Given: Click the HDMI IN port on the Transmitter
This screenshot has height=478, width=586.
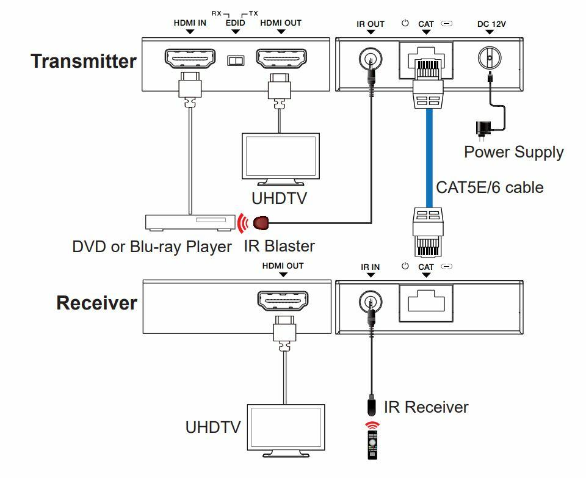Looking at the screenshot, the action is tap(190, 59).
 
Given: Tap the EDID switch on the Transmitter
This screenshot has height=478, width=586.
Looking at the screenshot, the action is tap(236, 60).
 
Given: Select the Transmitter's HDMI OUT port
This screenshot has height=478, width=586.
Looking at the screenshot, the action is tap(281, 59).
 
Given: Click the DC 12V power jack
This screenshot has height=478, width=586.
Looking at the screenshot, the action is tap(490, 58).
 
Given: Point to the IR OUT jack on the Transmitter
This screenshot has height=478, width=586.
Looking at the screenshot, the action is tap(371, 59).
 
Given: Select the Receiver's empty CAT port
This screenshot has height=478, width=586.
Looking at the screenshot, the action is tap(426, 302).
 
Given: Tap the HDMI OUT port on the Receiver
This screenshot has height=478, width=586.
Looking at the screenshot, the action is tap(283, 301).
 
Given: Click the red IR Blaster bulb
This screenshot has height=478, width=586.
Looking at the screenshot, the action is tap(261, 223).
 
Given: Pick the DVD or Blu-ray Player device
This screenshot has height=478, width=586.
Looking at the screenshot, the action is tap(190, 222).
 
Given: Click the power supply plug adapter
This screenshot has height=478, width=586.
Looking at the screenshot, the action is tap(482, 130).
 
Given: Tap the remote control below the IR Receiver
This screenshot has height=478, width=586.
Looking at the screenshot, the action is tap(372, 445).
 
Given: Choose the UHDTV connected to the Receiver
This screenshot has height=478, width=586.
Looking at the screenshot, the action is tap(286, 430).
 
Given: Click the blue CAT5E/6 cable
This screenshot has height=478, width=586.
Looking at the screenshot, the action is tap(429, 158).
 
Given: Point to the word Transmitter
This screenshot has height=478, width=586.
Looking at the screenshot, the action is tap(84, 61).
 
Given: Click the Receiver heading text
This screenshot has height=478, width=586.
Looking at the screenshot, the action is tap(97, 303).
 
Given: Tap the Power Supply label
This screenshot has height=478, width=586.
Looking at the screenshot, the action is tap(514, 153).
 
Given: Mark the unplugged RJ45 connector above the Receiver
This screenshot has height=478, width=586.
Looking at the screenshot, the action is tap(429, 232).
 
